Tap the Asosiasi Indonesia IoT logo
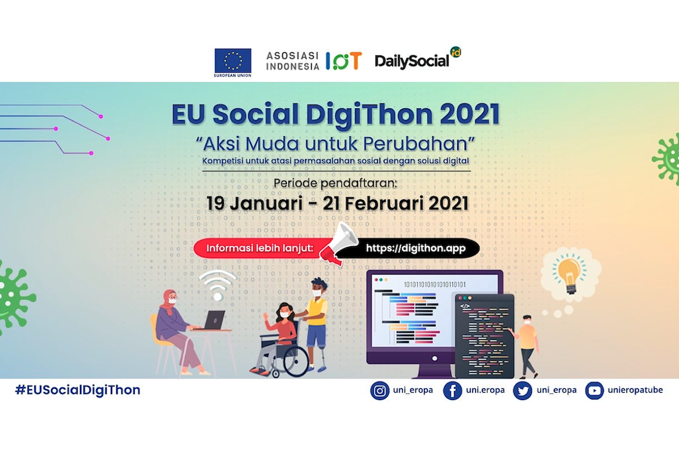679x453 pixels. [314, 61]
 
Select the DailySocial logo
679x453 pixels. [418, 59]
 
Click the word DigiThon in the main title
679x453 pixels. [369, 114]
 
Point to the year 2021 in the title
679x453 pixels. [470, 114]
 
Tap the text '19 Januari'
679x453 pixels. [254, 203]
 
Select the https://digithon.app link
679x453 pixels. [416, 248]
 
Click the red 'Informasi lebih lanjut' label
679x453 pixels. [259, 248]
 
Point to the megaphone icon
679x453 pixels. [338, 243]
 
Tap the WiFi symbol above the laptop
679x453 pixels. [218, 285]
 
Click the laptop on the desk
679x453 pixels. [213, 321]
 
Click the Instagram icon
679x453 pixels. [380, 391]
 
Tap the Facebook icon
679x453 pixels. [452, 391]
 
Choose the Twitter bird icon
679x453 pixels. [522, 391]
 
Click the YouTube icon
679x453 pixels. [594, 391]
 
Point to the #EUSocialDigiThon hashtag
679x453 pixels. [78, 390]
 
